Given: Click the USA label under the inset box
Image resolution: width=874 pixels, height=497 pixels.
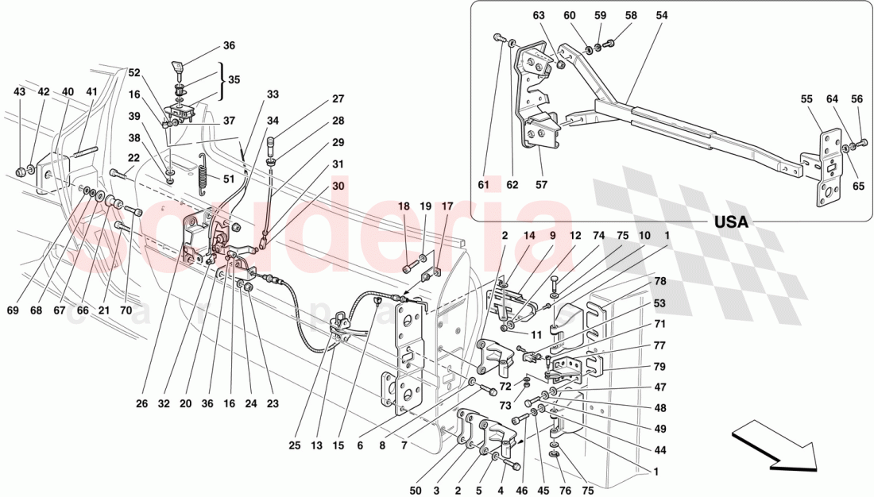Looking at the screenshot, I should click(731, 222).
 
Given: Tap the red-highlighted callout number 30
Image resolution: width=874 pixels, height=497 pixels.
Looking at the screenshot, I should click(338, 186).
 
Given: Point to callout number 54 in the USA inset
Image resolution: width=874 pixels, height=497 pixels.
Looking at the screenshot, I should click(662, 16).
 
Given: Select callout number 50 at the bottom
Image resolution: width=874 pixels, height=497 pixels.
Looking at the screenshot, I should click(416, 491).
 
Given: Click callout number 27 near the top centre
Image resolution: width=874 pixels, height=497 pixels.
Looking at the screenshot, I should click(338, 100).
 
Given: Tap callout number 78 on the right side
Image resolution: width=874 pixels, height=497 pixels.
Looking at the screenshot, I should click(660, 282).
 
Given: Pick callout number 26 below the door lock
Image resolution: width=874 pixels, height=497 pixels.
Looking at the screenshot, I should click(141, 403).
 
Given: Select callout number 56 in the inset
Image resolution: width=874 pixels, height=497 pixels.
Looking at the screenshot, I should click(857, 99).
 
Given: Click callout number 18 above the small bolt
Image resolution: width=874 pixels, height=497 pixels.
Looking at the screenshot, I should click(404, 206).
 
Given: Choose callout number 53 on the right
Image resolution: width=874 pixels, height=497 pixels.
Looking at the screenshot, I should click(660, 303).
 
